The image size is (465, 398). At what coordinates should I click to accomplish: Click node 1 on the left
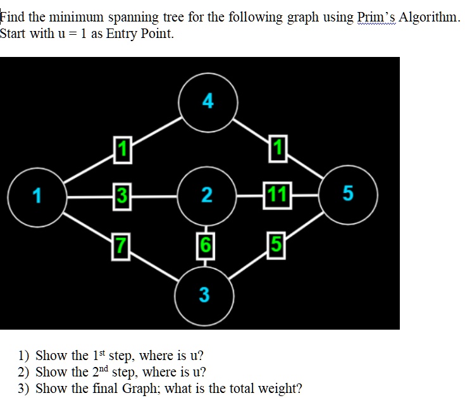(x=37, y=197)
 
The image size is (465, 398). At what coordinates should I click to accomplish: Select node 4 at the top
(x=208, y=101)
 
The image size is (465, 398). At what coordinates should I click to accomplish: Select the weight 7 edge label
(x=120, y=244)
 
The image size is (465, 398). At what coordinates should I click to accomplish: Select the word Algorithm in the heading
(x=430, y=17)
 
